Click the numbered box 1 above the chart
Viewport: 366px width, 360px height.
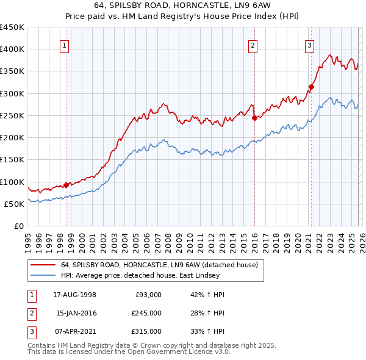(65, 45)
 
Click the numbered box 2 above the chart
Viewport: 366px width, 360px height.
(253, 45)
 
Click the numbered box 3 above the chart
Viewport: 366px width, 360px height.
(309, 45)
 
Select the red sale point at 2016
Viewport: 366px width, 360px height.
(254, 118)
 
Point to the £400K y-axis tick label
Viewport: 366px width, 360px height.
(12, 49)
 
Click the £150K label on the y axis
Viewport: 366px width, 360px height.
(12, 159)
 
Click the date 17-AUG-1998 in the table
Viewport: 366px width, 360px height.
(74, 295)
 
